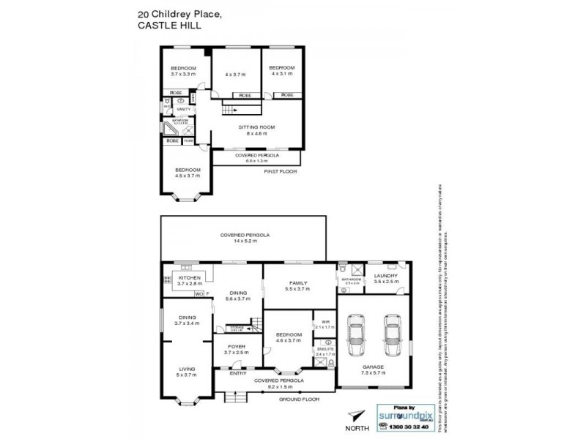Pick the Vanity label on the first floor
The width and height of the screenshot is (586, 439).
click(x=183, y=109)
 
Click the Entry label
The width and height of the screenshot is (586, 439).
click(x=237, y=372)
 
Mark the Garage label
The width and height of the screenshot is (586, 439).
click(x=374, y=369)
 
